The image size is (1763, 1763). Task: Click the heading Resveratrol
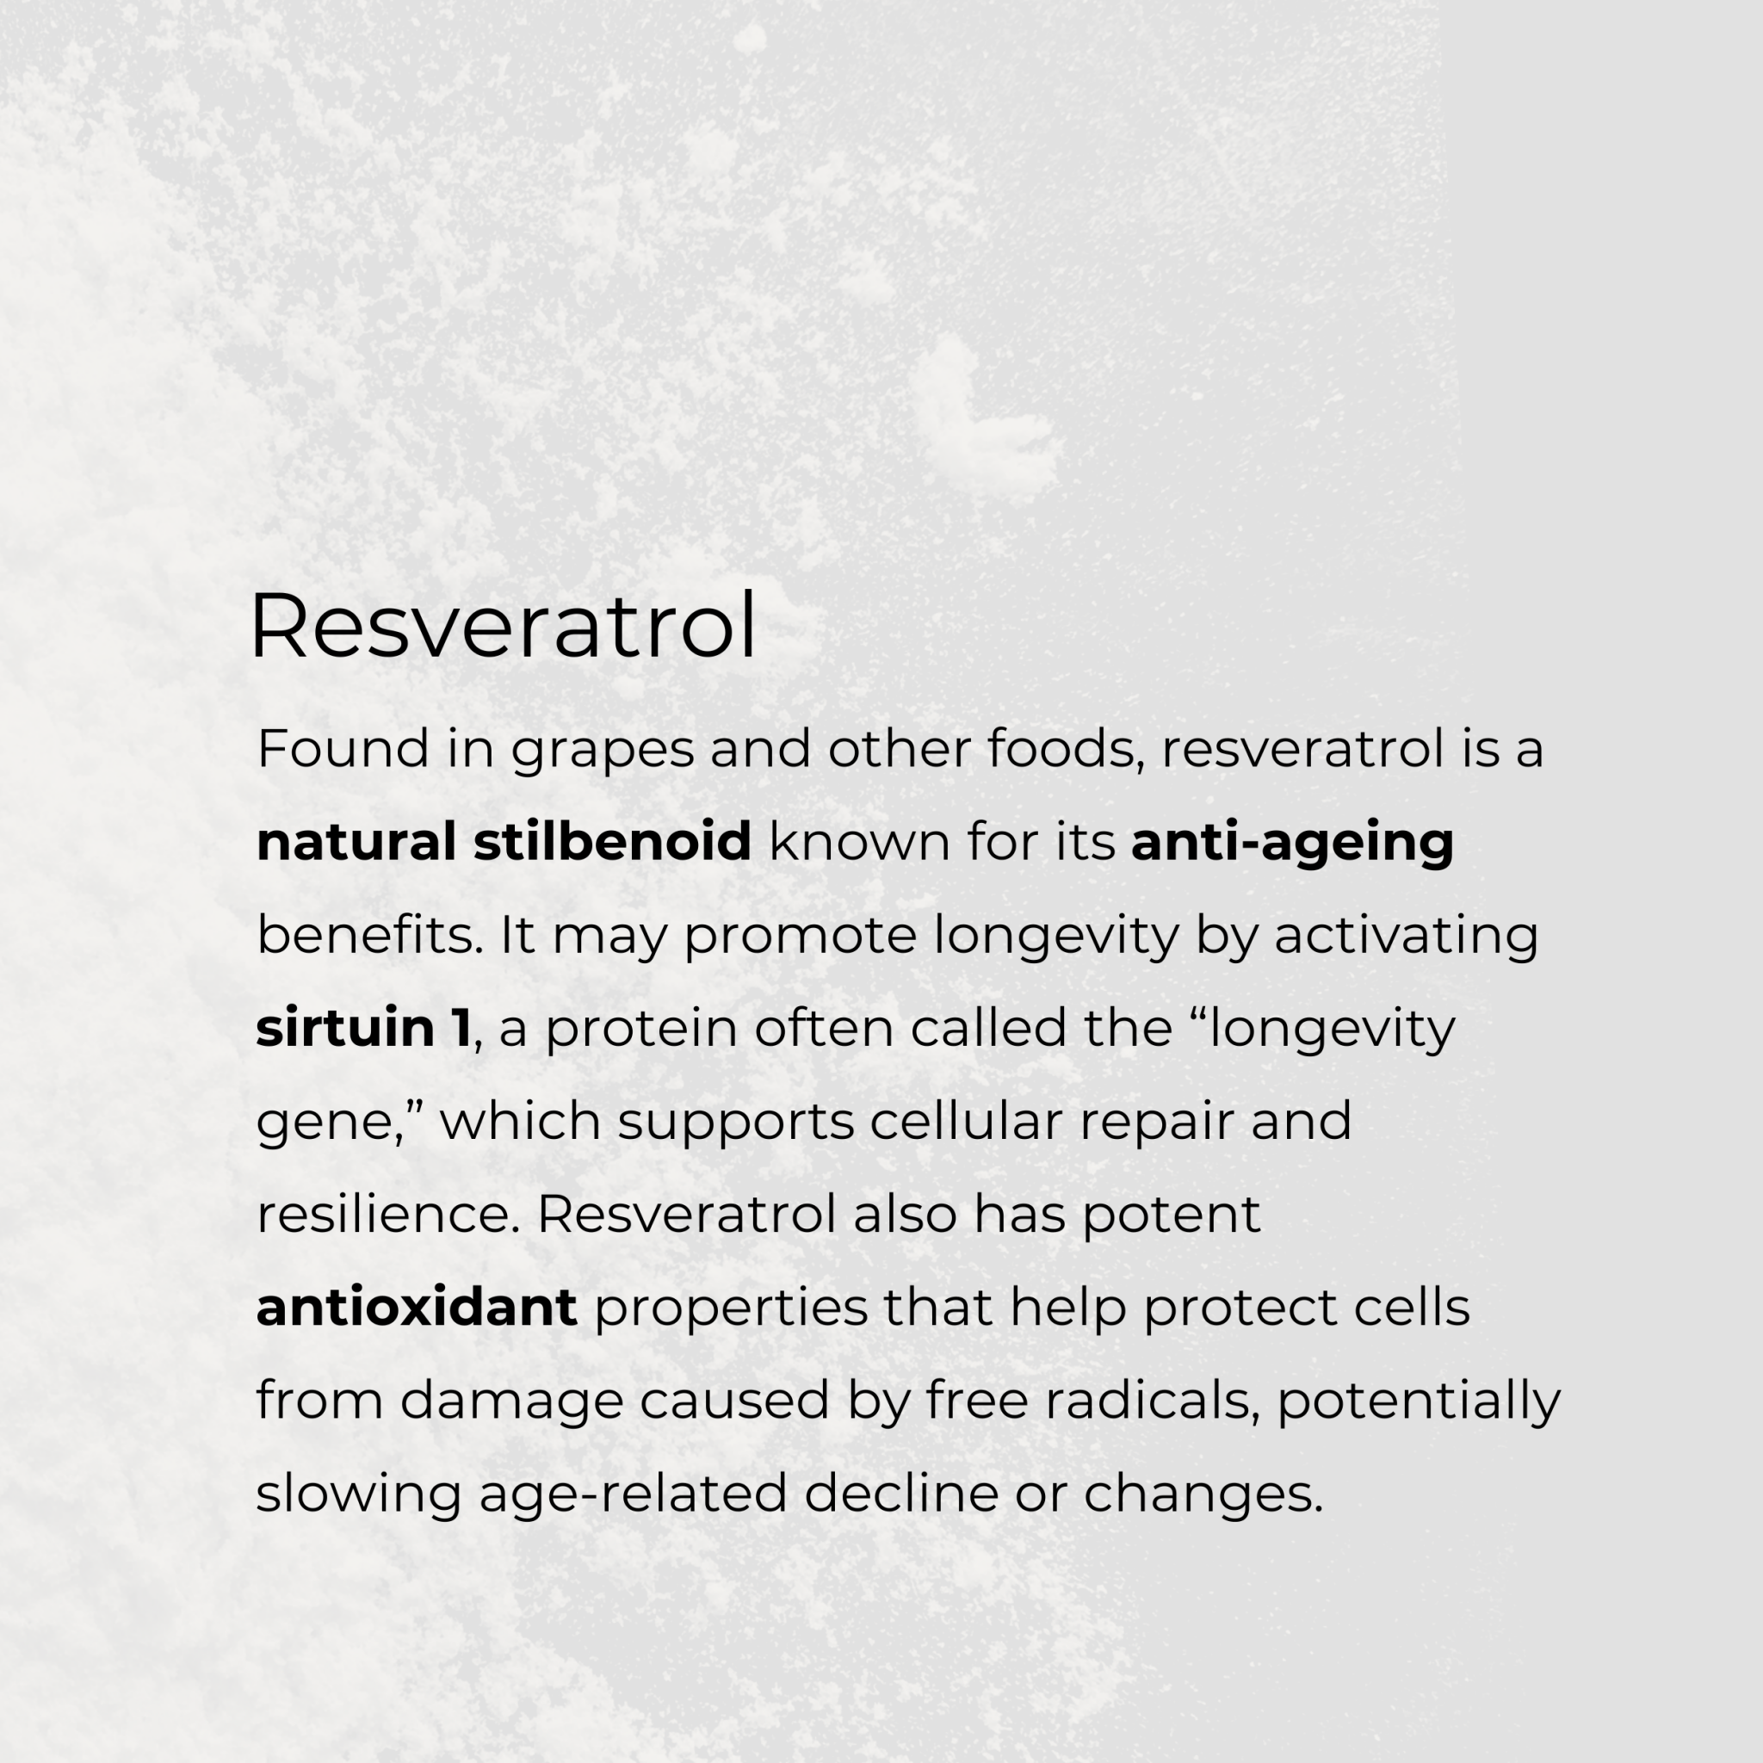pyautogui.click(x=503, y=626)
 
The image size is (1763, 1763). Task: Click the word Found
pyautogui.click(x=343, y=749)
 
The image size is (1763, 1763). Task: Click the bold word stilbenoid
pyautogui.click(x=612, y=841)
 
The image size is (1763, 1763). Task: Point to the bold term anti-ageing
pyautogui.click(x=1292, y=843)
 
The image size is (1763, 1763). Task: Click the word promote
pyautogui.click(x=801, y=937)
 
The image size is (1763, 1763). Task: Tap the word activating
pyautogui.click(x=1407, y=937)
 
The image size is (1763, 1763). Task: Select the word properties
pyautogui.click(x=731, y=1308)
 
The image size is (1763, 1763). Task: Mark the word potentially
pyautogui.click(x=1418, y=1401)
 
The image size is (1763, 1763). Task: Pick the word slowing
pyautogui.click(x=359, y=1494)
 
